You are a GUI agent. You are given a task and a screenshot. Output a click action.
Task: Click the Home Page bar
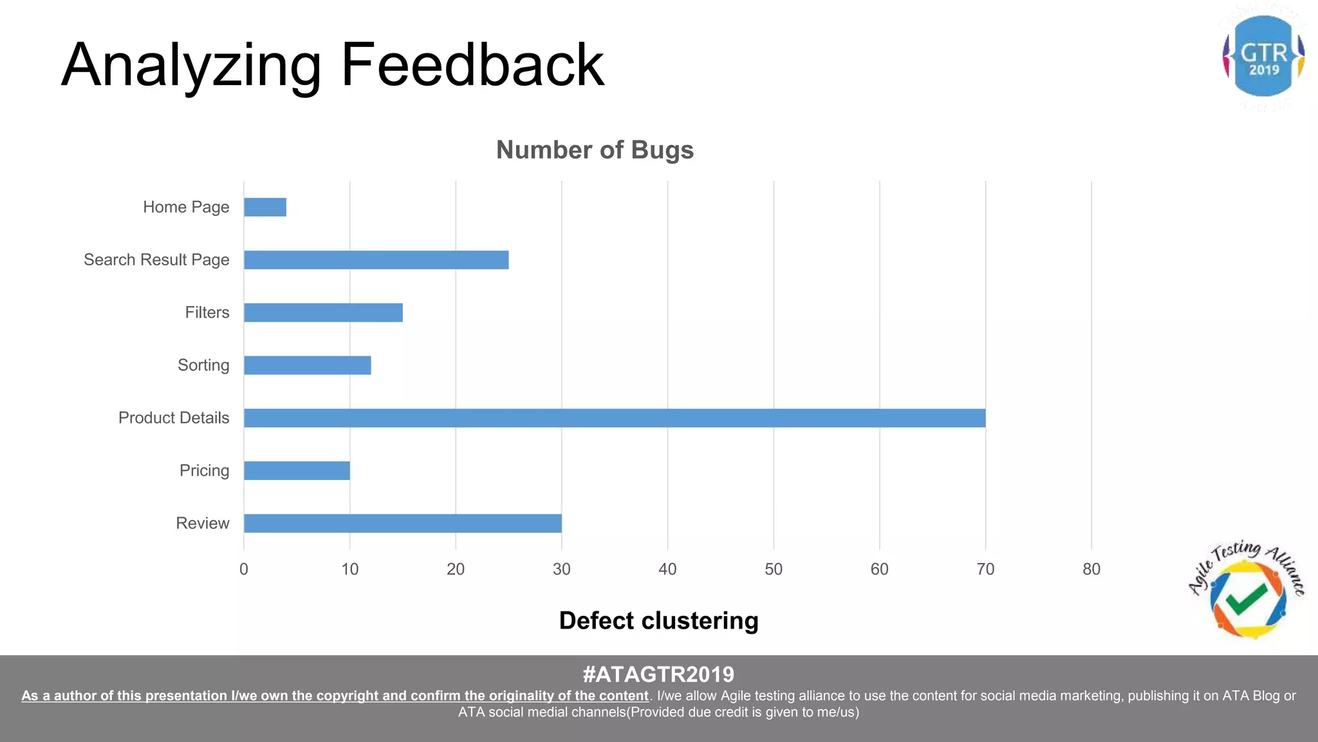(x=265, y=207)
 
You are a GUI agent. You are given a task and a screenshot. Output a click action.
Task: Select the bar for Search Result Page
(x=376, y=260)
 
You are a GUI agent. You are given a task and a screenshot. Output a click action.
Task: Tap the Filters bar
(x=323, y=313)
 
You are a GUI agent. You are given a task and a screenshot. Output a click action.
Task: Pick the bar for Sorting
(x=307, y=366)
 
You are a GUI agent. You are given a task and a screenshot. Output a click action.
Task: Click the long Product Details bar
(x=614, y=418)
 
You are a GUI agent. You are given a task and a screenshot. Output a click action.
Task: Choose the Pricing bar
(x=297, y=471)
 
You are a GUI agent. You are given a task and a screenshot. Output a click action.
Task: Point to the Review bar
(x=402, y=524)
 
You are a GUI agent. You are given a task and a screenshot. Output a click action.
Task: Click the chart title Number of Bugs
(x=595, y=150)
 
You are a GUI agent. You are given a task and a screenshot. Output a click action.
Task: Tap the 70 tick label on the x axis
(x=985, y=569)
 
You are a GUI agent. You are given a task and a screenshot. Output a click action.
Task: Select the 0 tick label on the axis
(x=244, y=569)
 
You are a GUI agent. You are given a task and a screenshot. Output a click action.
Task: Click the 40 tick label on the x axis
(x=667, y=569)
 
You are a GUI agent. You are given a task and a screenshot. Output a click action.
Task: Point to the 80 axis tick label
(x=1091, y=569)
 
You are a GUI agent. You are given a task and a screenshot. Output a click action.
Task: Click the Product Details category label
(x=174, y=418)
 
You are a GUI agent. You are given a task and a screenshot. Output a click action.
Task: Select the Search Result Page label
(x=156, y=260)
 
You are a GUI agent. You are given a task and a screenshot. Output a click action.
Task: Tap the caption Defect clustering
(x=658, y=621)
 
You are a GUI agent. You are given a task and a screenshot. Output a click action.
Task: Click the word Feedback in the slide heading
(x=472, y=65)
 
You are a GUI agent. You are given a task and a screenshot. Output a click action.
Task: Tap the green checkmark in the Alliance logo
(x=1247, y=598)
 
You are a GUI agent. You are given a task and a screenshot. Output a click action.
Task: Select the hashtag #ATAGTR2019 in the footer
(x=658, y=674)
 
